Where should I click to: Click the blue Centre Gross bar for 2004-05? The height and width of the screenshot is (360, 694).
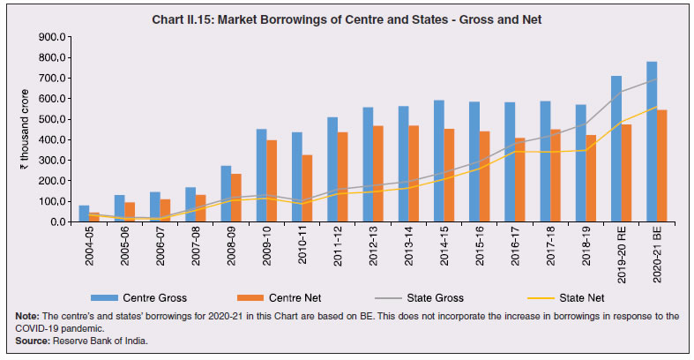click(84, 214)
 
